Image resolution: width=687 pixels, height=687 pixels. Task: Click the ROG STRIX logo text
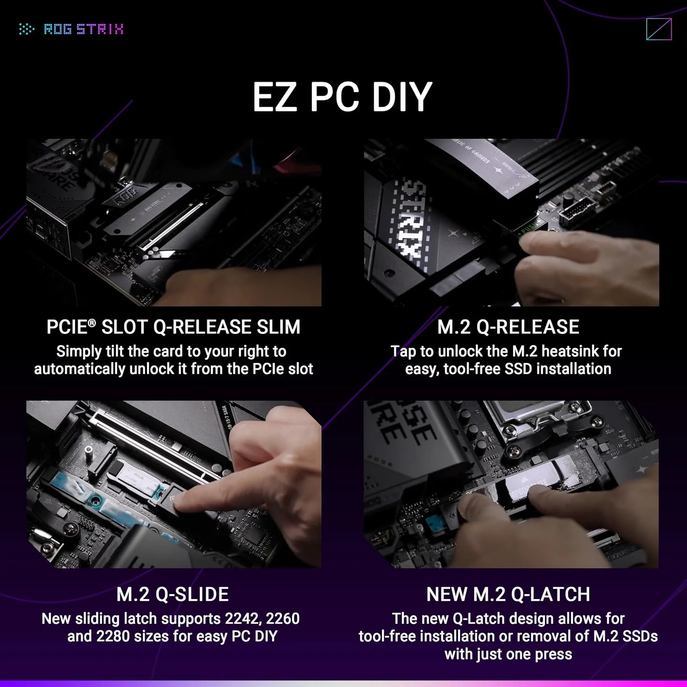[x=83, y=29]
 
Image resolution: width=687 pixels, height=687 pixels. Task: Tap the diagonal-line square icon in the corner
[x=659, y=29]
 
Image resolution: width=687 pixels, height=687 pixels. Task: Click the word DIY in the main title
[x=402, y=97]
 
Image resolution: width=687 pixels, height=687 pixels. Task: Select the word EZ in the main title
[x=274, y=97]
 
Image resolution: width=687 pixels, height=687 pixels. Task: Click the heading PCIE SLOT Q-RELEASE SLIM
[x=173, y=327]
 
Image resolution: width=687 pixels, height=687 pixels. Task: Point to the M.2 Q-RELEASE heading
[x=508, y=327]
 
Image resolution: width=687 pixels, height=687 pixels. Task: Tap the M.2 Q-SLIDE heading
[x=173, y=594]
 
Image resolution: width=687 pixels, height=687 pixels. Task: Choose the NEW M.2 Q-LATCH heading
[x=508, y=594]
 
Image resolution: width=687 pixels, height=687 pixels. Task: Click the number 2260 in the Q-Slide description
[x=283, y=619]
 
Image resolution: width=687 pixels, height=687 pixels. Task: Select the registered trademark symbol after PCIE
[x=92, y=323]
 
